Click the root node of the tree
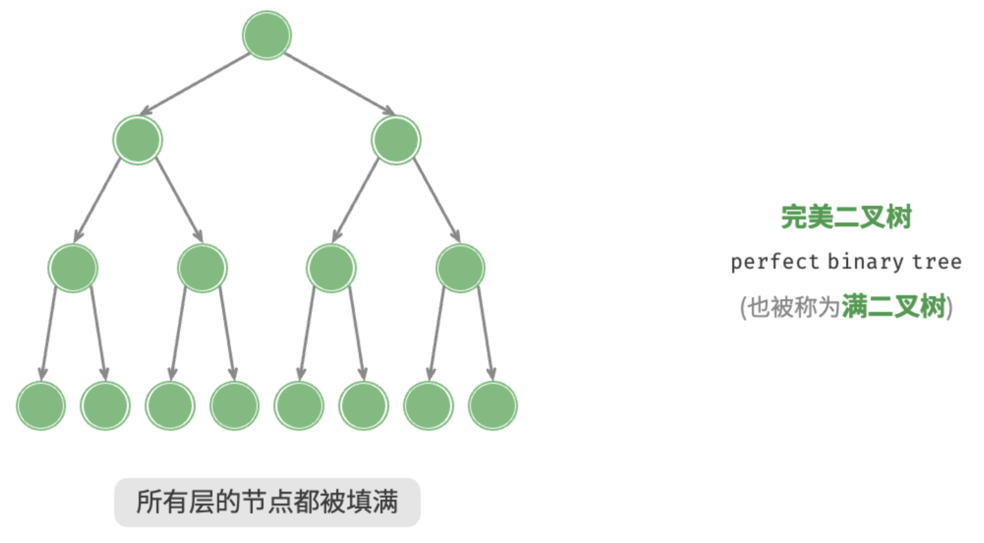267,35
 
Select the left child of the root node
138,140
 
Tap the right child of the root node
396,140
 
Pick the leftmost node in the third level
73,268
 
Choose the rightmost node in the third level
460,268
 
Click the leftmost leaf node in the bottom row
41,406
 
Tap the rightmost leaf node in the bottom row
493,406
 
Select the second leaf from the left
105,406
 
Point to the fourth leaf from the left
235,406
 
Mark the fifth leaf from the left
299,406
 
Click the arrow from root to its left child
195,84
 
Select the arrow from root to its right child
340,84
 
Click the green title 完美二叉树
846,217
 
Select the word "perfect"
774,262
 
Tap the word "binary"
865,262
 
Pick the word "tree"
937,262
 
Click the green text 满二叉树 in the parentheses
894,306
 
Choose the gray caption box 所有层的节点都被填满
267,502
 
